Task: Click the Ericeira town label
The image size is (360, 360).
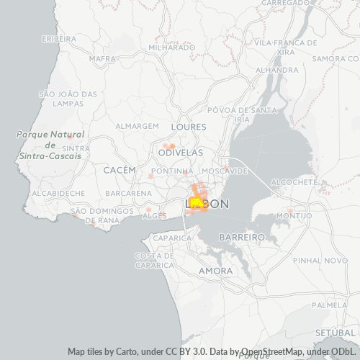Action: (59, 37)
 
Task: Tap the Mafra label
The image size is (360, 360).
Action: (103, 58)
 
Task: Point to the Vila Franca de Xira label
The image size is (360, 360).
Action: (285, 48)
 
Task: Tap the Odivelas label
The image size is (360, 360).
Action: (180, 153)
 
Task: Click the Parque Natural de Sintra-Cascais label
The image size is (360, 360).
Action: (50, 145)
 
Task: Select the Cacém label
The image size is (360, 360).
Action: (120, 169)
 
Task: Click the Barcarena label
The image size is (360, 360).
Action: (127, 194)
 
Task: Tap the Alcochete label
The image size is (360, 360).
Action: (297, 183)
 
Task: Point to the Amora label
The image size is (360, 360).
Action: (215, 271)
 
